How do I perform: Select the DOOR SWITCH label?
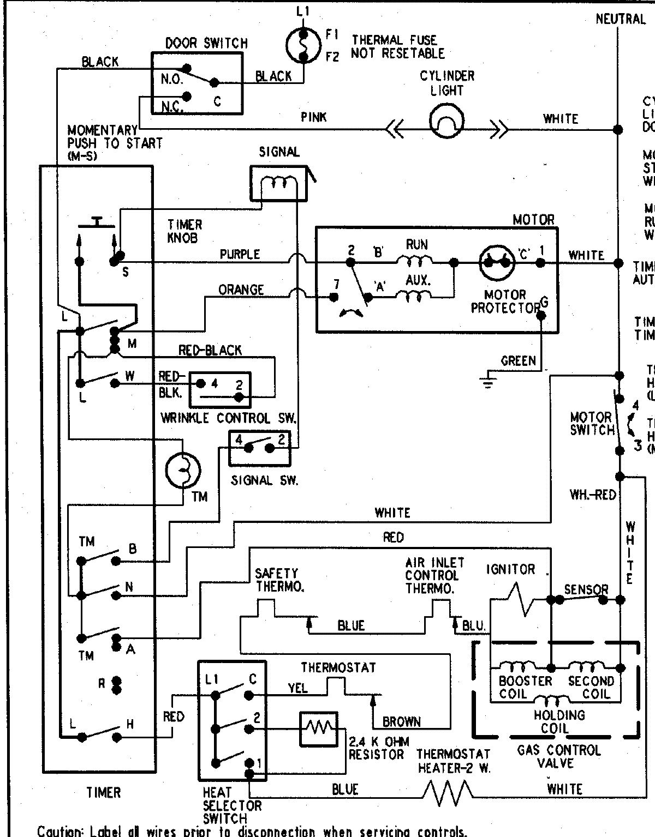206,43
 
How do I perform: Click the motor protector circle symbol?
497,262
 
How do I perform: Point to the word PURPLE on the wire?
240,254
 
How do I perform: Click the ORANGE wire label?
241,290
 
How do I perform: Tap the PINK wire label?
314,117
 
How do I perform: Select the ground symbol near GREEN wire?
488,380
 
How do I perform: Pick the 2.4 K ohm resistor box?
318,728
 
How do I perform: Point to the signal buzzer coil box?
279,183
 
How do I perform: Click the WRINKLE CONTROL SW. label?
228,418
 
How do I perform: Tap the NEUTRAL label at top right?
621,19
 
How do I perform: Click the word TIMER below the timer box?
103,792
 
